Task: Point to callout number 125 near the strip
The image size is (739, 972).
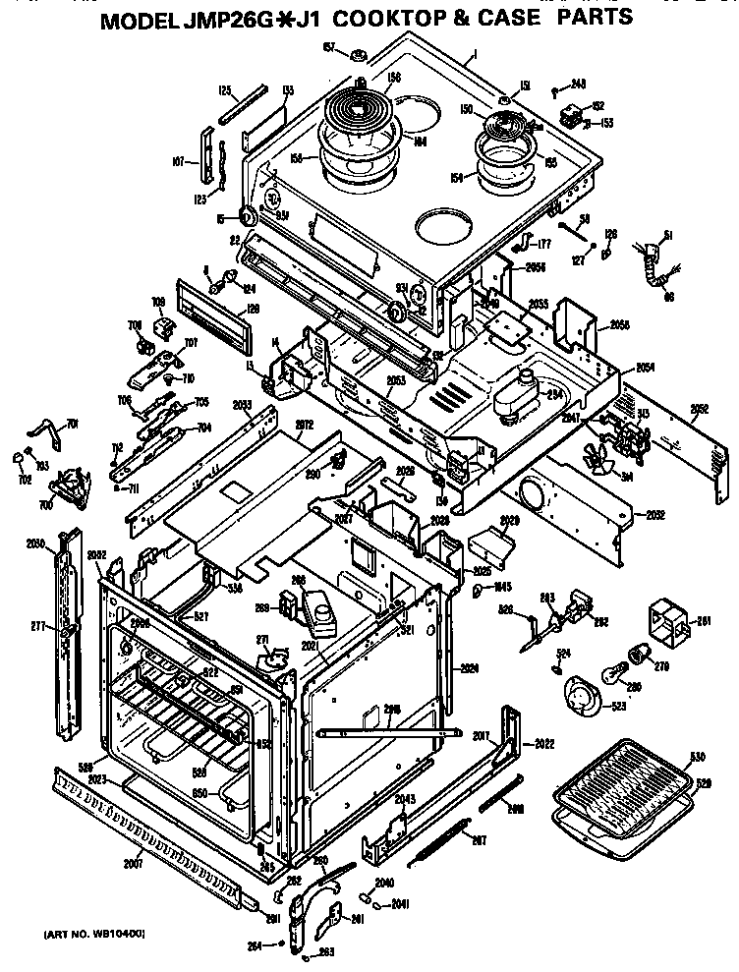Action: [x=225, y=90]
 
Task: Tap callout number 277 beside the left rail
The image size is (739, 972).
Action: [x=38, y=625]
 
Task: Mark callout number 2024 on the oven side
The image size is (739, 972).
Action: [x=469, y=667]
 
